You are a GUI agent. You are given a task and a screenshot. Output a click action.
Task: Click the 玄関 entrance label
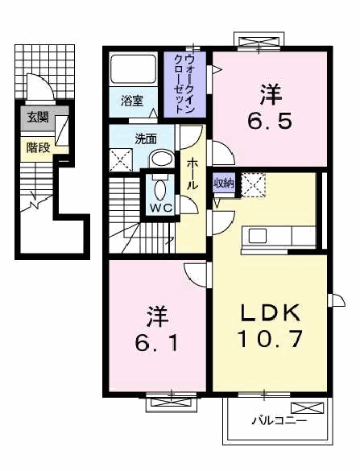click(x=38, y=118)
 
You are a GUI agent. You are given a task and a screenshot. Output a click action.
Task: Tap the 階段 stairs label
click(x=38, y=147)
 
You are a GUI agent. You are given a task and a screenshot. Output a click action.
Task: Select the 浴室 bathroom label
click(x=132, y=101)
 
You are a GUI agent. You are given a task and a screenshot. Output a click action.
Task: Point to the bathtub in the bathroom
click(x=134, y=69)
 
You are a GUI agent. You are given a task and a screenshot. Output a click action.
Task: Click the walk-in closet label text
click(x=184, y=83)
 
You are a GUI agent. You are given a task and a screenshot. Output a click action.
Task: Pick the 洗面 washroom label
click(x=146, y=139)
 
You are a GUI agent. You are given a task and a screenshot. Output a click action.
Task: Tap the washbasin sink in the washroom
click(x=162, y=159)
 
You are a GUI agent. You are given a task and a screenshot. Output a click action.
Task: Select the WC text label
click(x=161, y=208)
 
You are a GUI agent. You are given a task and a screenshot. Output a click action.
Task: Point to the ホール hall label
click(x=192, y=174)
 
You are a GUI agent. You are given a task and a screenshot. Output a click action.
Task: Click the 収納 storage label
click(x=224, y=183)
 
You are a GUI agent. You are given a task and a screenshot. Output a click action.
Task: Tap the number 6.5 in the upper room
click(x=270, y=122)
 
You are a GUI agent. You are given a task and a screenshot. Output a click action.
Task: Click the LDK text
click(x=270, y=312)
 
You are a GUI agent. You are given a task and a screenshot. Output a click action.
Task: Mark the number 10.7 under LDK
click(x=270, y=338)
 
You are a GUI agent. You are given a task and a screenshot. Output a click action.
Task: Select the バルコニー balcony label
click(x=279, y=420)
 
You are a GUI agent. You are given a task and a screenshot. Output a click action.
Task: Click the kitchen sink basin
click(x=257, y=236)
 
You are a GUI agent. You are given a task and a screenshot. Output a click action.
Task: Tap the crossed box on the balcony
click(x=308, y=408)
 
